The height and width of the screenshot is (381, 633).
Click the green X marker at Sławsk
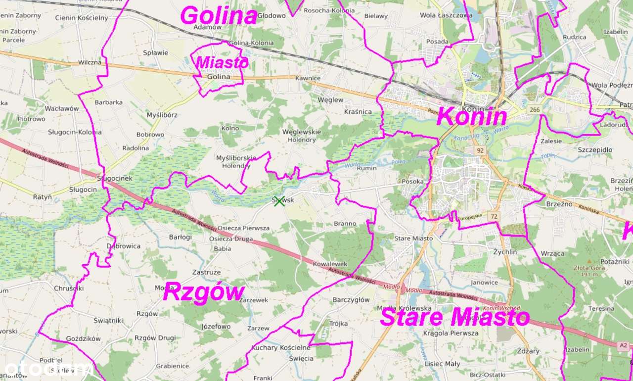pyautogui.click(x=279, y=201)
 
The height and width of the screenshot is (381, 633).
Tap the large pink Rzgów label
pyautogui.click(x=204, y=292)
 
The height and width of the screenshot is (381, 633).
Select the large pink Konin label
pyautogui.click(x=472, y=117)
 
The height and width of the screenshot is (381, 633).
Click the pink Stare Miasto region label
pyautogui.click(x=455, y=317)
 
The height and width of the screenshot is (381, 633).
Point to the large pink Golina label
pyautogui.click(x=219, y=16)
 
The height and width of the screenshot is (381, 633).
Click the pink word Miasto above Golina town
pyautogui.click(x=222, y=63)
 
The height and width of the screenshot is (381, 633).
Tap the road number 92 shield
pyautogui.click(x=479, y=150)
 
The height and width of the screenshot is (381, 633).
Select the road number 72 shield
pyautogui.click(x=494, y=216)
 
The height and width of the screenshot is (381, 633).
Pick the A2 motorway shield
pyautogui.click(x=624, y=345)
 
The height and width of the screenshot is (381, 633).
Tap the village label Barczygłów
pyautogui.click(x=351, y=300)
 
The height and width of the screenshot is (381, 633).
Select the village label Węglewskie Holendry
pyautogui.click(x=301, y=136)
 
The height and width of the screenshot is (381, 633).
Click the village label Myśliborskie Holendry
pyautogui.click(x=236, y=162)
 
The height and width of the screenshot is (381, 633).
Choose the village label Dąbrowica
pyautogui.click(x=124, y=246)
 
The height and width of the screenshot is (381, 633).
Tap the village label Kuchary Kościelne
pyautogui.click(x=281, y=347)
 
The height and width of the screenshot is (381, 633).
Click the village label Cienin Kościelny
pyautogui.click(x=82, y=18)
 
